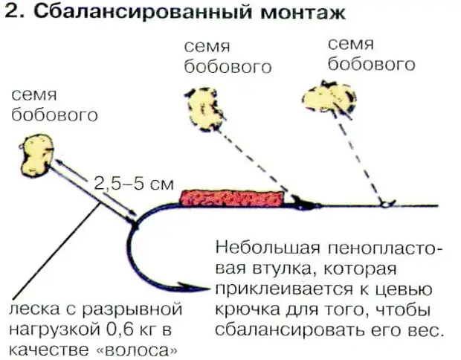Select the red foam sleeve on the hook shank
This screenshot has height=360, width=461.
(233, 197)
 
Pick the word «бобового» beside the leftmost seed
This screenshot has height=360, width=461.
(55, 115)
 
